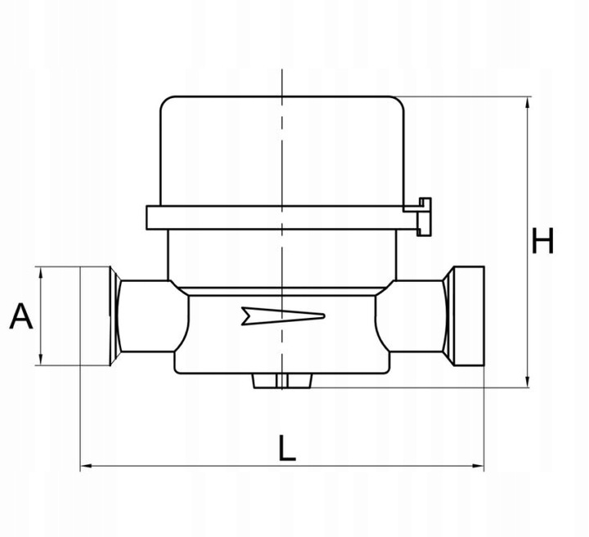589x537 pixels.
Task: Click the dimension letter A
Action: coord(21,315)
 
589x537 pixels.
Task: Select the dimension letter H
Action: coord(543,242)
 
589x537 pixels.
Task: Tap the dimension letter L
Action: coord(286,449)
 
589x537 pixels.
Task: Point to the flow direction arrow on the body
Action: coord(283,315)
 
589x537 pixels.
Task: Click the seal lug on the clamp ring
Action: coord(423,216)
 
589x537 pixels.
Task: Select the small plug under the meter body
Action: coord(281,380)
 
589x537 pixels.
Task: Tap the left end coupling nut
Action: coord(100,315)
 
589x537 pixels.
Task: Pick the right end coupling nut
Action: coord(464,315)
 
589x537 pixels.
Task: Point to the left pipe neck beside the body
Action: coord(147,315)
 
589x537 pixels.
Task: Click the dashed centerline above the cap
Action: coord(281,82)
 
